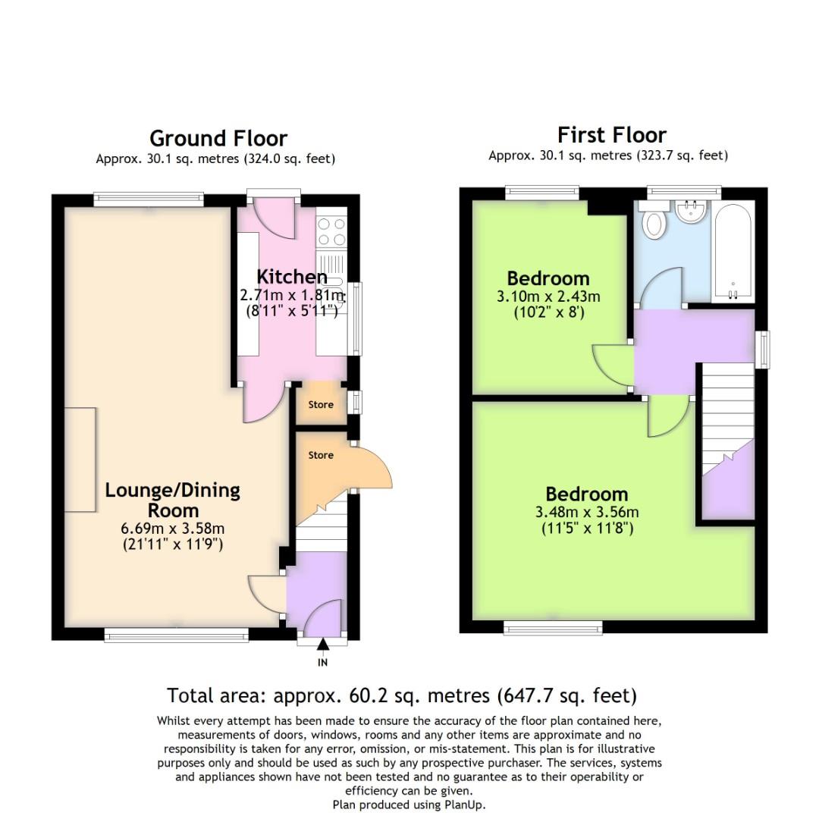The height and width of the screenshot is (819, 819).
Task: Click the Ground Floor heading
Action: pyautogui.click(x=218, y=139)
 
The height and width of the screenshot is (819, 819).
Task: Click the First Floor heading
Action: pyautogui.click(x=611, y=135)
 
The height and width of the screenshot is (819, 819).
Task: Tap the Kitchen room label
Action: pyautogui.click(x=291, y=277)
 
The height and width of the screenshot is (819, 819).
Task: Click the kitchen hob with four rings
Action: pyautogui.click(x=331, y=231)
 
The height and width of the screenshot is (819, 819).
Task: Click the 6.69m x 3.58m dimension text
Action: pyautogui.click(x=172, y=529)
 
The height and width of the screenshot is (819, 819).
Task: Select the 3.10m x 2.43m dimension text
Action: pyautogui.click(x=548, y=297)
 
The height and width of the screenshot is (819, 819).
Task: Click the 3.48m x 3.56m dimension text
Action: pyautogui.click(x=586, y=512)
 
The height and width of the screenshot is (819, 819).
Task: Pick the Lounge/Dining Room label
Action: pyautogui.click(x=172, y=500)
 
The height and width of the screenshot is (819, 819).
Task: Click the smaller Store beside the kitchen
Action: pyautogui.click(x=321, y=404)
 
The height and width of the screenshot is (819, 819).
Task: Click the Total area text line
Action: pyautogui.click(x=401, y=695)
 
